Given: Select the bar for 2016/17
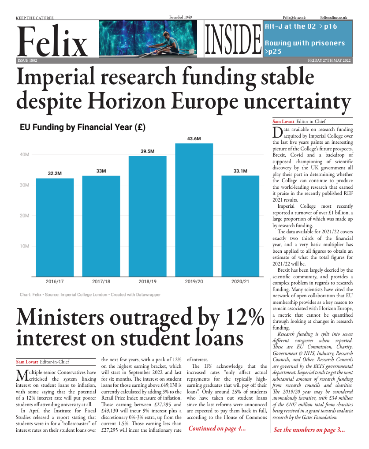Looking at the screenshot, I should coord(55,227).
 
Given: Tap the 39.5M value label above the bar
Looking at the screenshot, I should coord(147,151).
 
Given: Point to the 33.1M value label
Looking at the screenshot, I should coord(240,171).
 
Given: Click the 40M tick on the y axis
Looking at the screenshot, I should coord(24,154).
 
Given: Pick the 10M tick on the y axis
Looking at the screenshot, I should coord(24,246).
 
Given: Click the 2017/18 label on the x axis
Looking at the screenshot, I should coord(101,281).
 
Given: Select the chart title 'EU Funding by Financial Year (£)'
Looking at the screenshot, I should coord(83,127).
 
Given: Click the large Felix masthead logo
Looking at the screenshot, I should coord(52,41).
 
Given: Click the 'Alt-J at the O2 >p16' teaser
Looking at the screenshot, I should coord(301,26).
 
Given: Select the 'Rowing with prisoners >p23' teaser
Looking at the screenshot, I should coord(304,47).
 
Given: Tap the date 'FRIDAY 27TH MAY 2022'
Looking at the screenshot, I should coord(329,60).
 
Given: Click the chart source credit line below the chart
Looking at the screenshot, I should coord(90,294).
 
